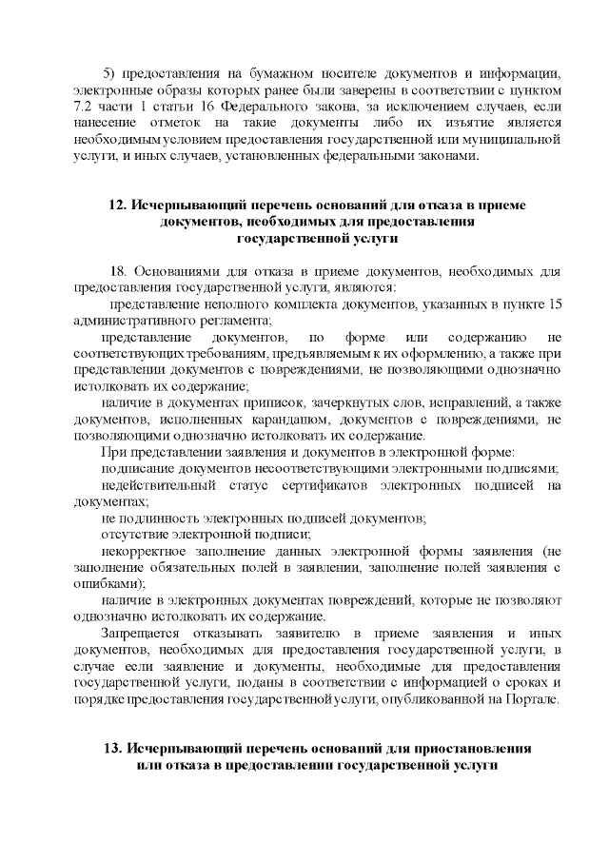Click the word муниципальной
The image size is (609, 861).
tap(511, 141)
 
